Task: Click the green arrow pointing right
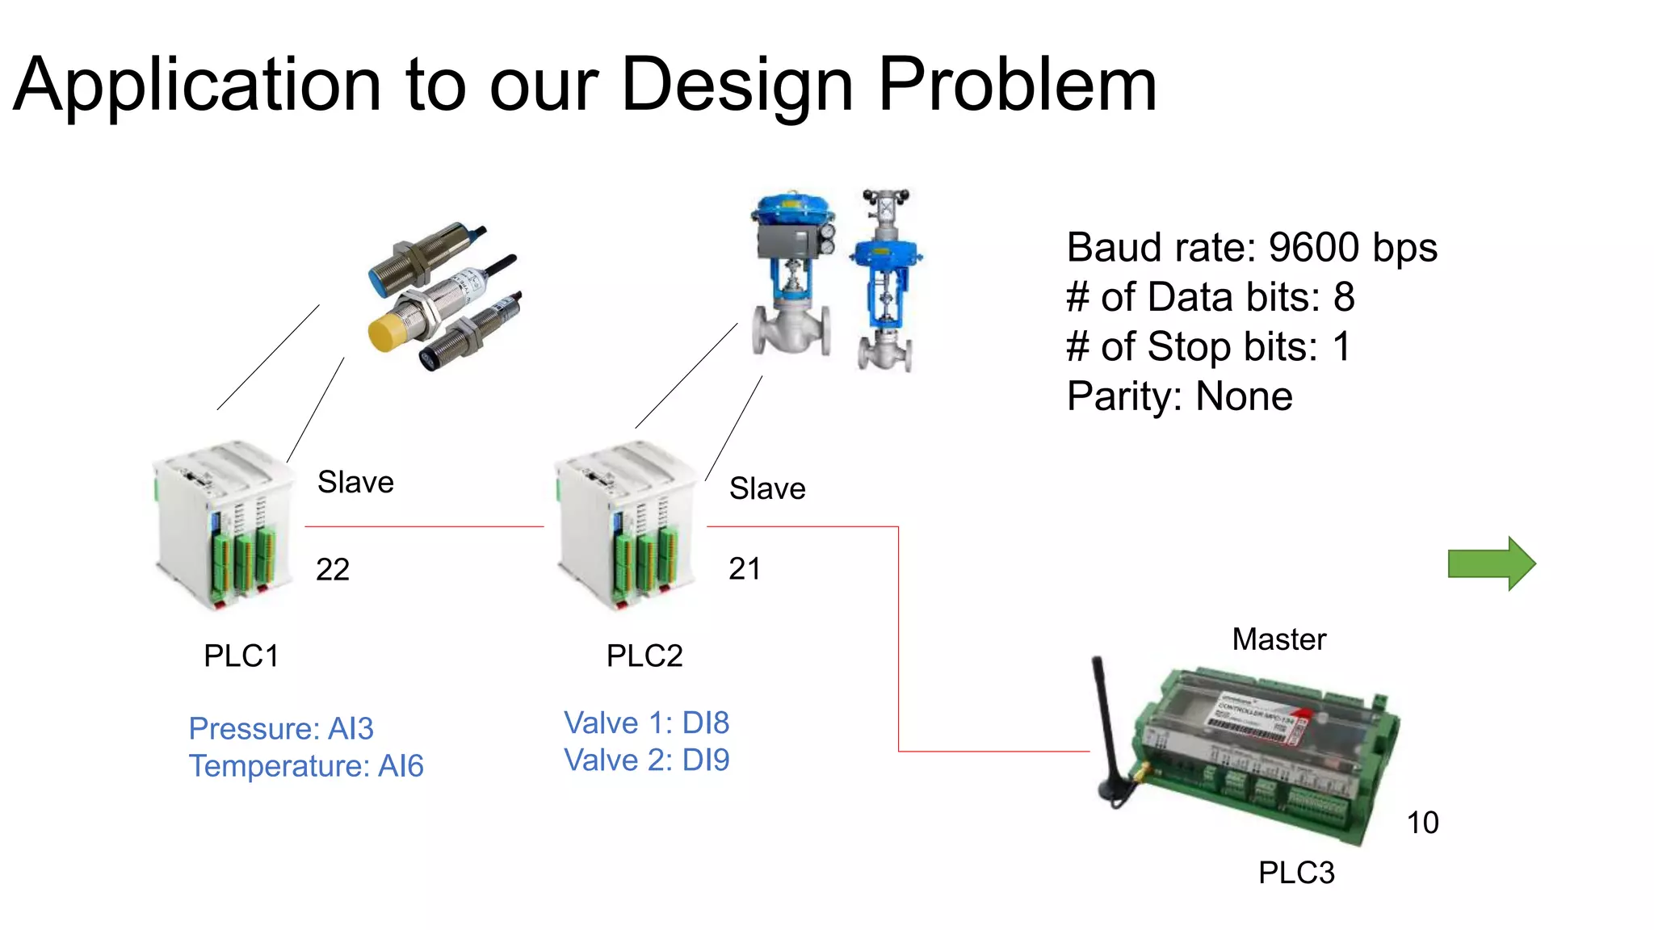point(1491,563)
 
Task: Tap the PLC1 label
point(241,656)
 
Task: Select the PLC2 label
point(644,656)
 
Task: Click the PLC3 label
point(1296,873)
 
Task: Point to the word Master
point(1278,639)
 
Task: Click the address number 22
point(333,570)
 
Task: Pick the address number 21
point(744,569)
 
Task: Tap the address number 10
point(1422,823)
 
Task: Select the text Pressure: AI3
point(281,728)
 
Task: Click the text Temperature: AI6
point(306,765)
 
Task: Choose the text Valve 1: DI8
point(646,723)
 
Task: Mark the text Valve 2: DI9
point(646,760)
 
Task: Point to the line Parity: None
point(1179,396)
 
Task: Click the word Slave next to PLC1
point(355,482)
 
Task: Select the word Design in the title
point(737,85)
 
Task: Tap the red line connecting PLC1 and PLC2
point(424,526)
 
